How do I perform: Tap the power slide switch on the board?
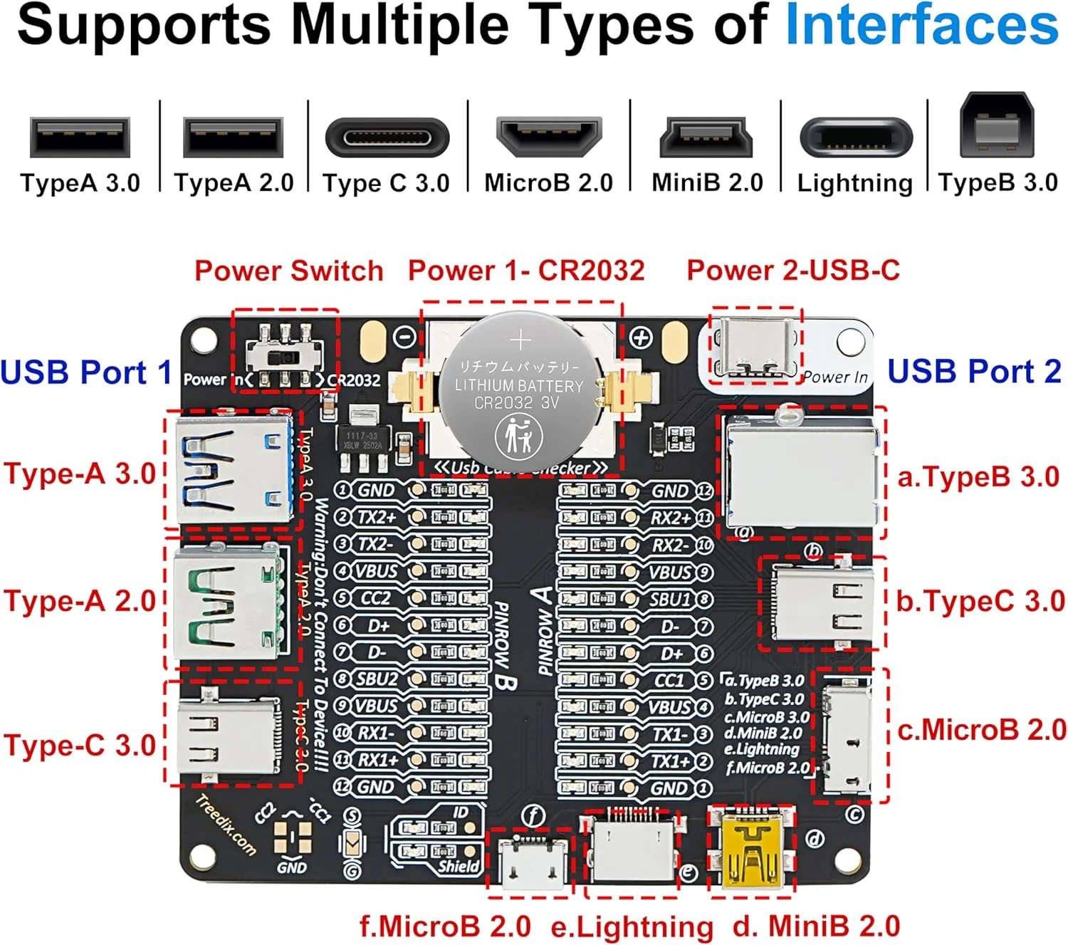tap(285, 354)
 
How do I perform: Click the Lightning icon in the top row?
tap(855, 137)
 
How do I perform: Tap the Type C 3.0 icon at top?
tap(387, 137)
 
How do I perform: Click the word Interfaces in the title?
tap(921, 25)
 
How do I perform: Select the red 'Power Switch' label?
tap(288, 271)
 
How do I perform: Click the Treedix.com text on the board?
tap(225, 825)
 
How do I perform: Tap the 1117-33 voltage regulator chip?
tap(363, 439)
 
